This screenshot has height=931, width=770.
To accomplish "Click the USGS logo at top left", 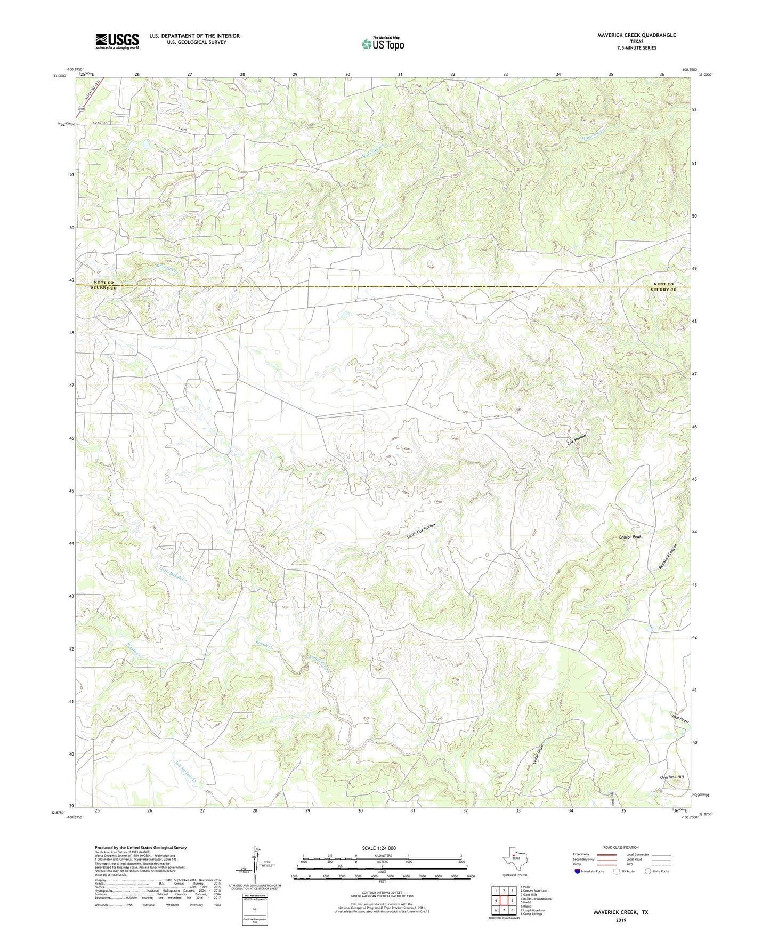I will (x=117, y=41).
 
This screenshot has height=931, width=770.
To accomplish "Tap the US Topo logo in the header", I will (x=383, y=44).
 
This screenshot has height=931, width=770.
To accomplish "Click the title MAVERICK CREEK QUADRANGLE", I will (x=636, y=35).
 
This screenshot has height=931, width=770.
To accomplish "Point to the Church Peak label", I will (x=630, y=537).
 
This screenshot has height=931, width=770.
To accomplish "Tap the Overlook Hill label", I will (x=671, y=777).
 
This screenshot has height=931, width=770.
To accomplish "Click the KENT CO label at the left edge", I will (x=103, y=282).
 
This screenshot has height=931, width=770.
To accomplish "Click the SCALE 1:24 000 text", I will (x=379, y=848).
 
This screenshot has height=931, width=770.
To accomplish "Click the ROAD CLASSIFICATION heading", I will (x=620, y=847).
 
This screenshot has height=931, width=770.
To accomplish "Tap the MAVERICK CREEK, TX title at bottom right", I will (x=621, y=912).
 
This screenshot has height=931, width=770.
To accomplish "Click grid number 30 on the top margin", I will (x=347, y=74).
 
